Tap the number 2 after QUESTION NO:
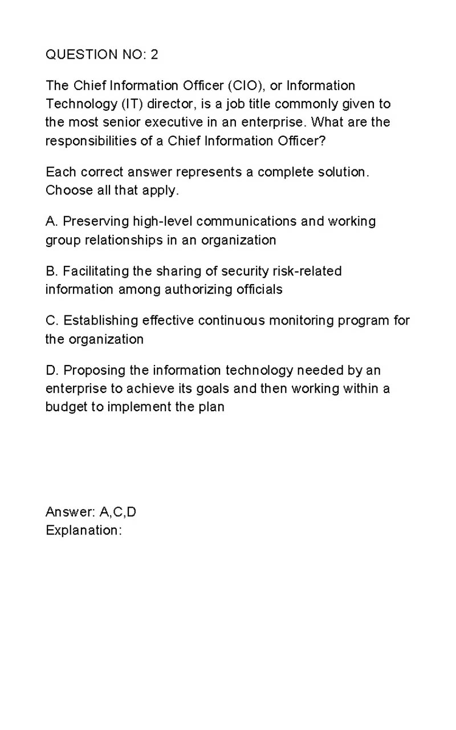coord(154,55)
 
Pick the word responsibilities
coord(91,141)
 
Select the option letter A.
coord(50,221)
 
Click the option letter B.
coord(50,271)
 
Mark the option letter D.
coord(51,370)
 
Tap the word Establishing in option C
coord(101,321)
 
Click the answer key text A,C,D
coord(118,512)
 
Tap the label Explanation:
coord(84,530)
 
